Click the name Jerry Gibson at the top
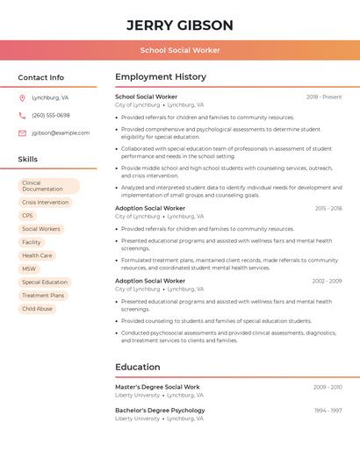pyautogui.click(x=180, y=25)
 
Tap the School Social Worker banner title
pyautogui.click(x=180, y=51)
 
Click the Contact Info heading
pyautogui.click(x=41, y=77)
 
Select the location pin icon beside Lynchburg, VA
pyautogui.click(x=23, y=98)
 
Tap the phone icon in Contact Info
pyautogui.click(x=23, y=116)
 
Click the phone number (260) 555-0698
pyautogui.click(x=51, y=116)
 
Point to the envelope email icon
pyautogui.click(x=23, y=133)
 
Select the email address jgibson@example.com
pyautogui.click(x=61, y=133)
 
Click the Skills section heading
pyautogui.click(x=28, y=160)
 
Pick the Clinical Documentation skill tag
pyautogui.click(x=48, y=186)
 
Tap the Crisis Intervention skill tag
pyautogui.click(x=46, y=203)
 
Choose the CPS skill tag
pyautogui.click(x=28, y=216)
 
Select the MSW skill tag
pyautogui.click(x=30, y=268)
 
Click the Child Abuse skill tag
pyautogui.click(x=38, y=309)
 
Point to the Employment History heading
pyautogui.click(x=161, y=77)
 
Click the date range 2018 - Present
pyautogui.click(x=324, y=97)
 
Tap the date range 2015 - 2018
pyautogui.click(x=328, y=209)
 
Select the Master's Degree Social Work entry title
pyautogui.click(x=157, y=387)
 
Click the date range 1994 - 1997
pyautogui.click(x=328, y=411)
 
